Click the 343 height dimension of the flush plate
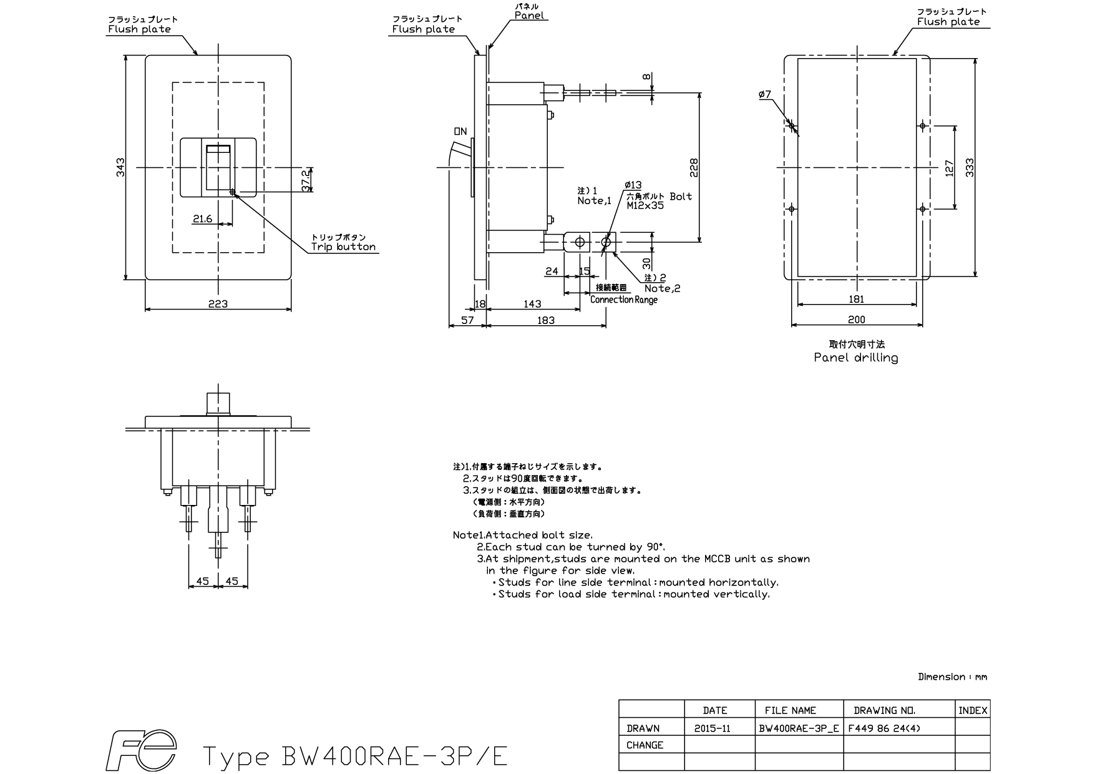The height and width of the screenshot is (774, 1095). (120, 167)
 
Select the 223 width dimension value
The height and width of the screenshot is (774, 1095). (218, 304)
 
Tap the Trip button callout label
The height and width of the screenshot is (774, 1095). (344, 247)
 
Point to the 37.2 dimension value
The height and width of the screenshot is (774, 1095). (306, 180)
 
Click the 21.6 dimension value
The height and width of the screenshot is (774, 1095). (202, 218)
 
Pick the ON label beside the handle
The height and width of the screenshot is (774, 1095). (460, 132)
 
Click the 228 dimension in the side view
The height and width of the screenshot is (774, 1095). (694, 167)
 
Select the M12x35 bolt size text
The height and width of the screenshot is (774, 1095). (645, 205)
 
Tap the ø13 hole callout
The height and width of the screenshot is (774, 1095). (633, 185)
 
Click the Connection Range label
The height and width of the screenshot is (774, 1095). (623, 300)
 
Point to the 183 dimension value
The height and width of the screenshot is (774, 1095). (545, 320)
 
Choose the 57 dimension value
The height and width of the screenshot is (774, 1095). (467, 320)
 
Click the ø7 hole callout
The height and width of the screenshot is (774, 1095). (765, 94)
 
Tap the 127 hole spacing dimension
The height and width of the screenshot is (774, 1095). (950, 167)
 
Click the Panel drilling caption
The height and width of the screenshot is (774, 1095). (856, 358)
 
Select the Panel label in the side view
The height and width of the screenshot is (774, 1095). (530, 16)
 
